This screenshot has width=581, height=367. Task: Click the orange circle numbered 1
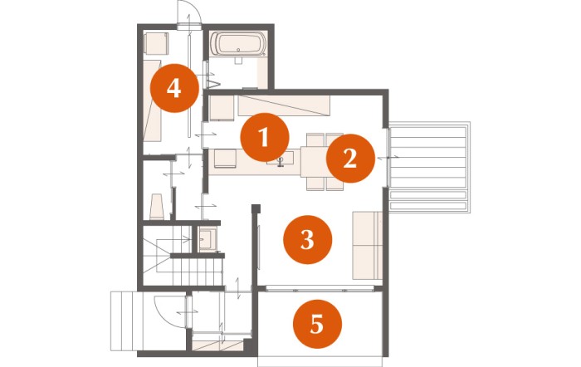(x=265, y=137)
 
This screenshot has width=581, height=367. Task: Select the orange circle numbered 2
(x=350, y=159)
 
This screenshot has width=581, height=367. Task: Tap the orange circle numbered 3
(x=308, y=239)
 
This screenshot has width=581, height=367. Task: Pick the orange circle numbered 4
(x=174, y=88)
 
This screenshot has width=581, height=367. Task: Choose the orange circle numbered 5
(x=317, y=324)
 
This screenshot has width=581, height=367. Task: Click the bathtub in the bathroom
(x=242, y=44)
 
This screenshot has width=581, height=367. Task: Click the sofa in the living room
(x=367, y=245)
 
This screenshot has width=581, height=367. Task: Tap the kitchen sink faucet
(x=281, y=161)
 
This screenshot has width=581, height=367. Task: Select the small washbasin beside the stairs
(x=207, y=239)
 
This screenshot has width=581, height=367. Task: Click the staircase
(x=183, y=256)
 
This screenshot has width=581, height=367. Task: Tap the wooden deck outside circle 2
(x=429, y=167)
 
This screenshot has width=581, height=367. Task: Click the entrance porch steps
(x=126, y=321)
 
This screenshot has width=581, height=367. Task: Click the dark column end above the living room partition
(x=256, y=208)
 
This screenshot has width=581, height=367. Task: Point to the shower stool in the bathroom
(x=238, y=61)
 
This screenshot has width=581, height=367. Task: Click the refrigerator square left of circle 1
(x=222, y=108)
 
